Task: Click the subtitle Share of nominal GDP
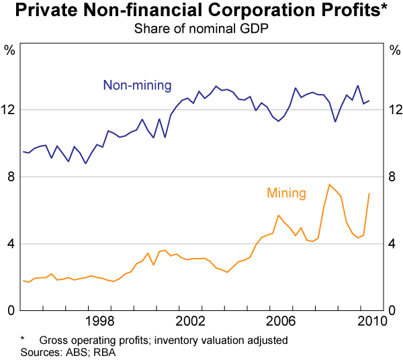(x=201, y=28)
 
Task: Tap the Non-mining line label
(x=137, y=85)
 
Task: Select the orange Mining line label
(x=286, y=193)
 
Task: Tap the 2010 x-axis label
(x=372, y=320)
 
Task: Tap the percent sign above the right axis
(x=393, y=49)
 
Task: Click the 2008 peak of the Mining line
(x=329, y=184)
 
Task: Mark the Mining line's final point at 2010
(x=369, y=193)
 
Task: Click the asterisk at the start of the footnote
(x=22, y=339)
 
